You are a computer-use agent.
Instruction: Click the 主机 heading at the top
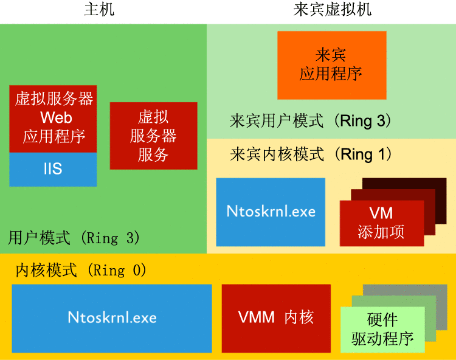98,10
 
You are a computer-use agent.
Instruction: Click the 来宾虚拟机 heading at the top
332,10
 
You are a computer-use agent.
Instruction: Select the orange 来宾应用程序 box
331,65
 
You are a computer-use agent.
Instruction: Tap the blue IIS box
53,168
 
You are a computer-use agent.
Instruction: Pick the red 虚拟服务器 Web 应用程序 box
53,118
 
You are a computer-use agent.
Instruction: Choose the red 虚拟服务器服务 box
153,135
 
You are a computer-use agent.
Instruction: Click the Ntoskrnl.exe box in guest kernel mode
271,212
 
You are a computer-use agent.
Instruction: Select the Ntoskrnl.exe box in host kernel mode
112,317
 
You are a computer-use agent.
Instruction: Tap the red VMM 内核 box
275,317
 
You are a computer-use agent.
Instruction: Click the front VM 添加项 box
381,223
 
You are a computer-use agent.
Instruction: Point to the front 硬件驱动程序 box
382,329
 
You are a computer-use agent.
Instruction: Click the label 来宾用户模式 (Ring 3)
310,120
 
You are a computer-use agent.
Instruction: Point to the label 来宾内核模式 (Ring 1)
311,154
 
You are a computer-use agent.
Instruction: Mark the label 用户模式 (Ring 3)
74,237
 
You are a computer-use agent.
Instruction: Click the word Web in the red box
52,117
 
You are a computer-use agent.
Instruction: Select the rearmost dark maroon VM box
435,185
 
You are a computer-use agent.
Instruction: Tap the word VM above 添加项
381,213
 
